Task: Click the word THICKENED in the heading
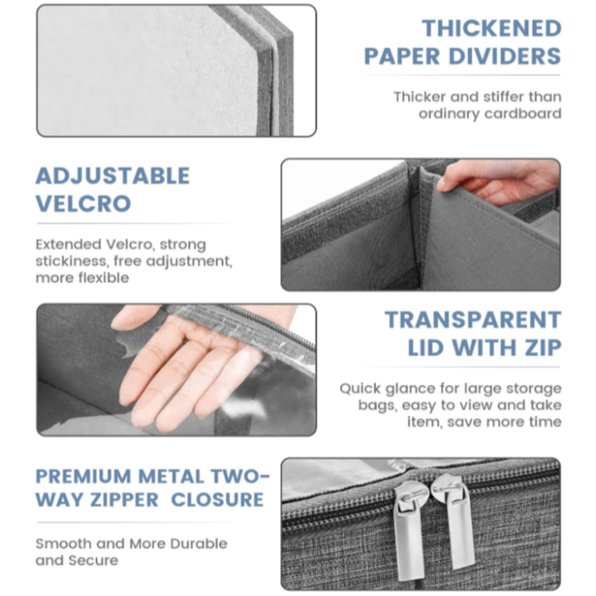coord(492,28)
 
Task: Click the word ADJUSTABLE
coord(113,176)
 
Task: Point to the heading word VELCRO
coord(83,203)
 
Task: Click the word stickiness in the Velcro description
coord(71,261)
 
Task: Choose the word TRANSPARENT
coord(473,320)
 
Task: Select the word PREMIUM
coord(83,477)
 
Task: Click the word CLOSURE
coord(217,500)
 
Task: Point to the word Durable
coord(198,544)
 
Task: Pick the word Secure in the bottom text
coord(93,560)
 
